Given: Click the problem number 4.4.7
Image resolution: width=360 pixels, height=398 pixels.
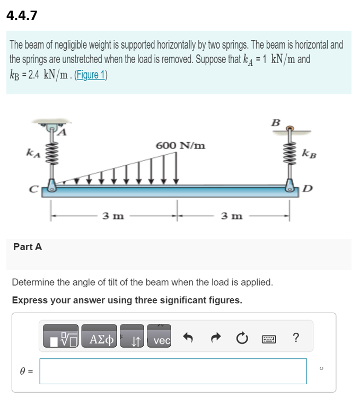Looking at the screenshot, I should coord(22,15).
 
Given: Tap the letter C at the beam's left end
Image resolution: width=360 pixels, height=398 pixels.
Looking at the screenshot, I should coord(33,187).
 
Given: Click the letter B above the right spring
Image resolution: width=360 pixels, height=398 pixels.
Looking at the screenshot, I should coord(276,122).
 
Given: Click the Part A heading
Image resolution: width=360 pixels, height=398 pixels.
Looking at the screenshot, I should coord(28,246).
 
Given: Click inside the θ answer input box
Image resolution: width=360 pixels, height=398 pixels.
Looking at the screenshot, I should coord(173,371).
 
